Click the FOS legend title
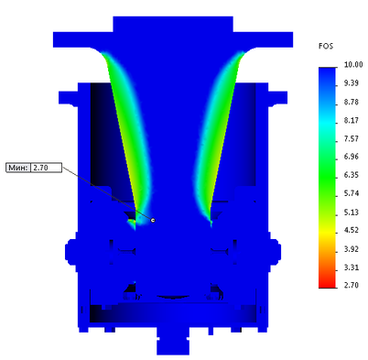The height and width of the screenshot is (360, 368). (x=326, y=46)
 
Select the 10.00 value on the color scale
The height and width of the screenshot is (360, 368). (x=353, y=65)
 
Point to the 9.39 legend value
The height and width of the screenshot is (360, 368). (x=352, y=83)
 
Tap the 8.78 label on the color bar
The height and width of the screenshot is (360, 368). (x=352, y=102)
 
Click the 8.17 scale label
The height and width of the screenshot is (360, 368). (x=352, y=120)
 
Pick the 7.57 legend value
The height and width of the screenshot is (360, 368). (x=352, y=138)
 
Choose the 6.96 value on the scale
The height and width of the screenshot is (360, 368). (x=352, y=157)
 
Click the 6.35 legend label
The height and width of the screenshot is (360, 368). (x=352, y=175)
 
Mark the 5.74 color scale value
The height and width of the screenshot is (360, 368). (x=352, y=193)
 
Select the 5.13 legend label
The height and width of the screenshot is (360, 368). (x=352, y=213)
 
